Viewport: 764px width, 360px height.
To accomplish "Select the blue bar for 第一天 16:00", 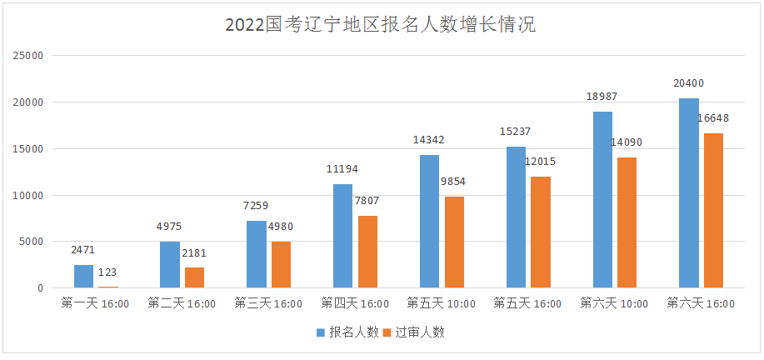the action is pyautogui.click(x=84, y=276).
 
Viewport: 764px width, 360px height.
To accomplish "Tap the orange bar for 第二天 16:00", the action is pyautogui.click(x=194, y=277).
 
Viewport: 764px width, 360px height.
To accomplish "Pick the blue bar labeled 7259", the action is pyautogui.click(x=257, y=254).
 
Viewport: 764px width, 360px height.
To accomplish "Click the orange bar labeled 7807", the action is pyautogui.click(x=367, y=252).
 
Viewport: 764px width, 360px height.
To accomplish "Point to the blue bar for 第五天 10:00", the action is pyautogui.click(x=429, y=222).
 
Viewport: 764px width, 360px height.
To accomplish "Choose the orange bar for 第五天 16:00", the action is pyautogui.click(x=541, y=232).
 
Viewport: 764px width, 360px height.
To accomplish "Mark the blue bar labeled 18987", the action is pyautogui.click(x=602, y=200).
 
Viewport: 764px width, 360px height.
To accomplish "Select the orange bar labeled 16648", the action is pyautogui.click(x=713, y=211).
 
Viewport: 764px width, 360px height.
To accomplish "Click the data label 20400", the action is pyautogui.click(x=687, y=83).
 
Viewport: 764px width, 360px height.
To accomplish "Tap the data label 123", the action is pyautogui.click(x=107, y=272).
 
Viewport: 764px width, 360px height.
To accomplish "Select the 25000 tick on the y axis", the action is pyautogui.click(x=28, y=56).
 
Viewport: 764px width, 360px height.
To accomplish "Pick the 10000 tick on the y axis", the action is pyautogui.click(x=28, y=195).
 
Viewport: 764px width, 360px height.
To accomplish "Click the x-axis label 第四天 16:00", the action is pyautogui.click(x=355, y=304).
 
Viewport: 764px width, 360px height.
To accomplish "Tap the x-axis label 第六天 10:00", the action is pyautogui.click(x=614, y=304).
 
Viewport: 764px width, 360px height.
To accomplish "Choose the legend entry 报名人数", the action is pyautogui.click(x=347, y=332).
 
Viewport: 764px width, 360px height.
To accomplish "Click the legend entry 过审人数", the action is pyautogui.click(x=413, y=332).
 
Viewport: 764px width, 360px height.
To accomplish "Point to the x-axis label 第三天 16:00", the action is pyautogui.click(x=268, y=304).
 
